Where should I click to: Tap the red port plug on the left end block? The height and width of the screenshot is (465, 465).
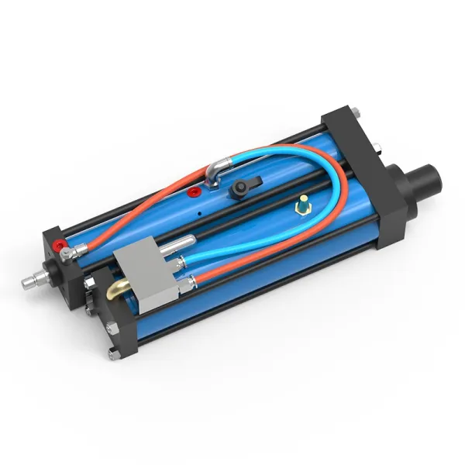point(56,246)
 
